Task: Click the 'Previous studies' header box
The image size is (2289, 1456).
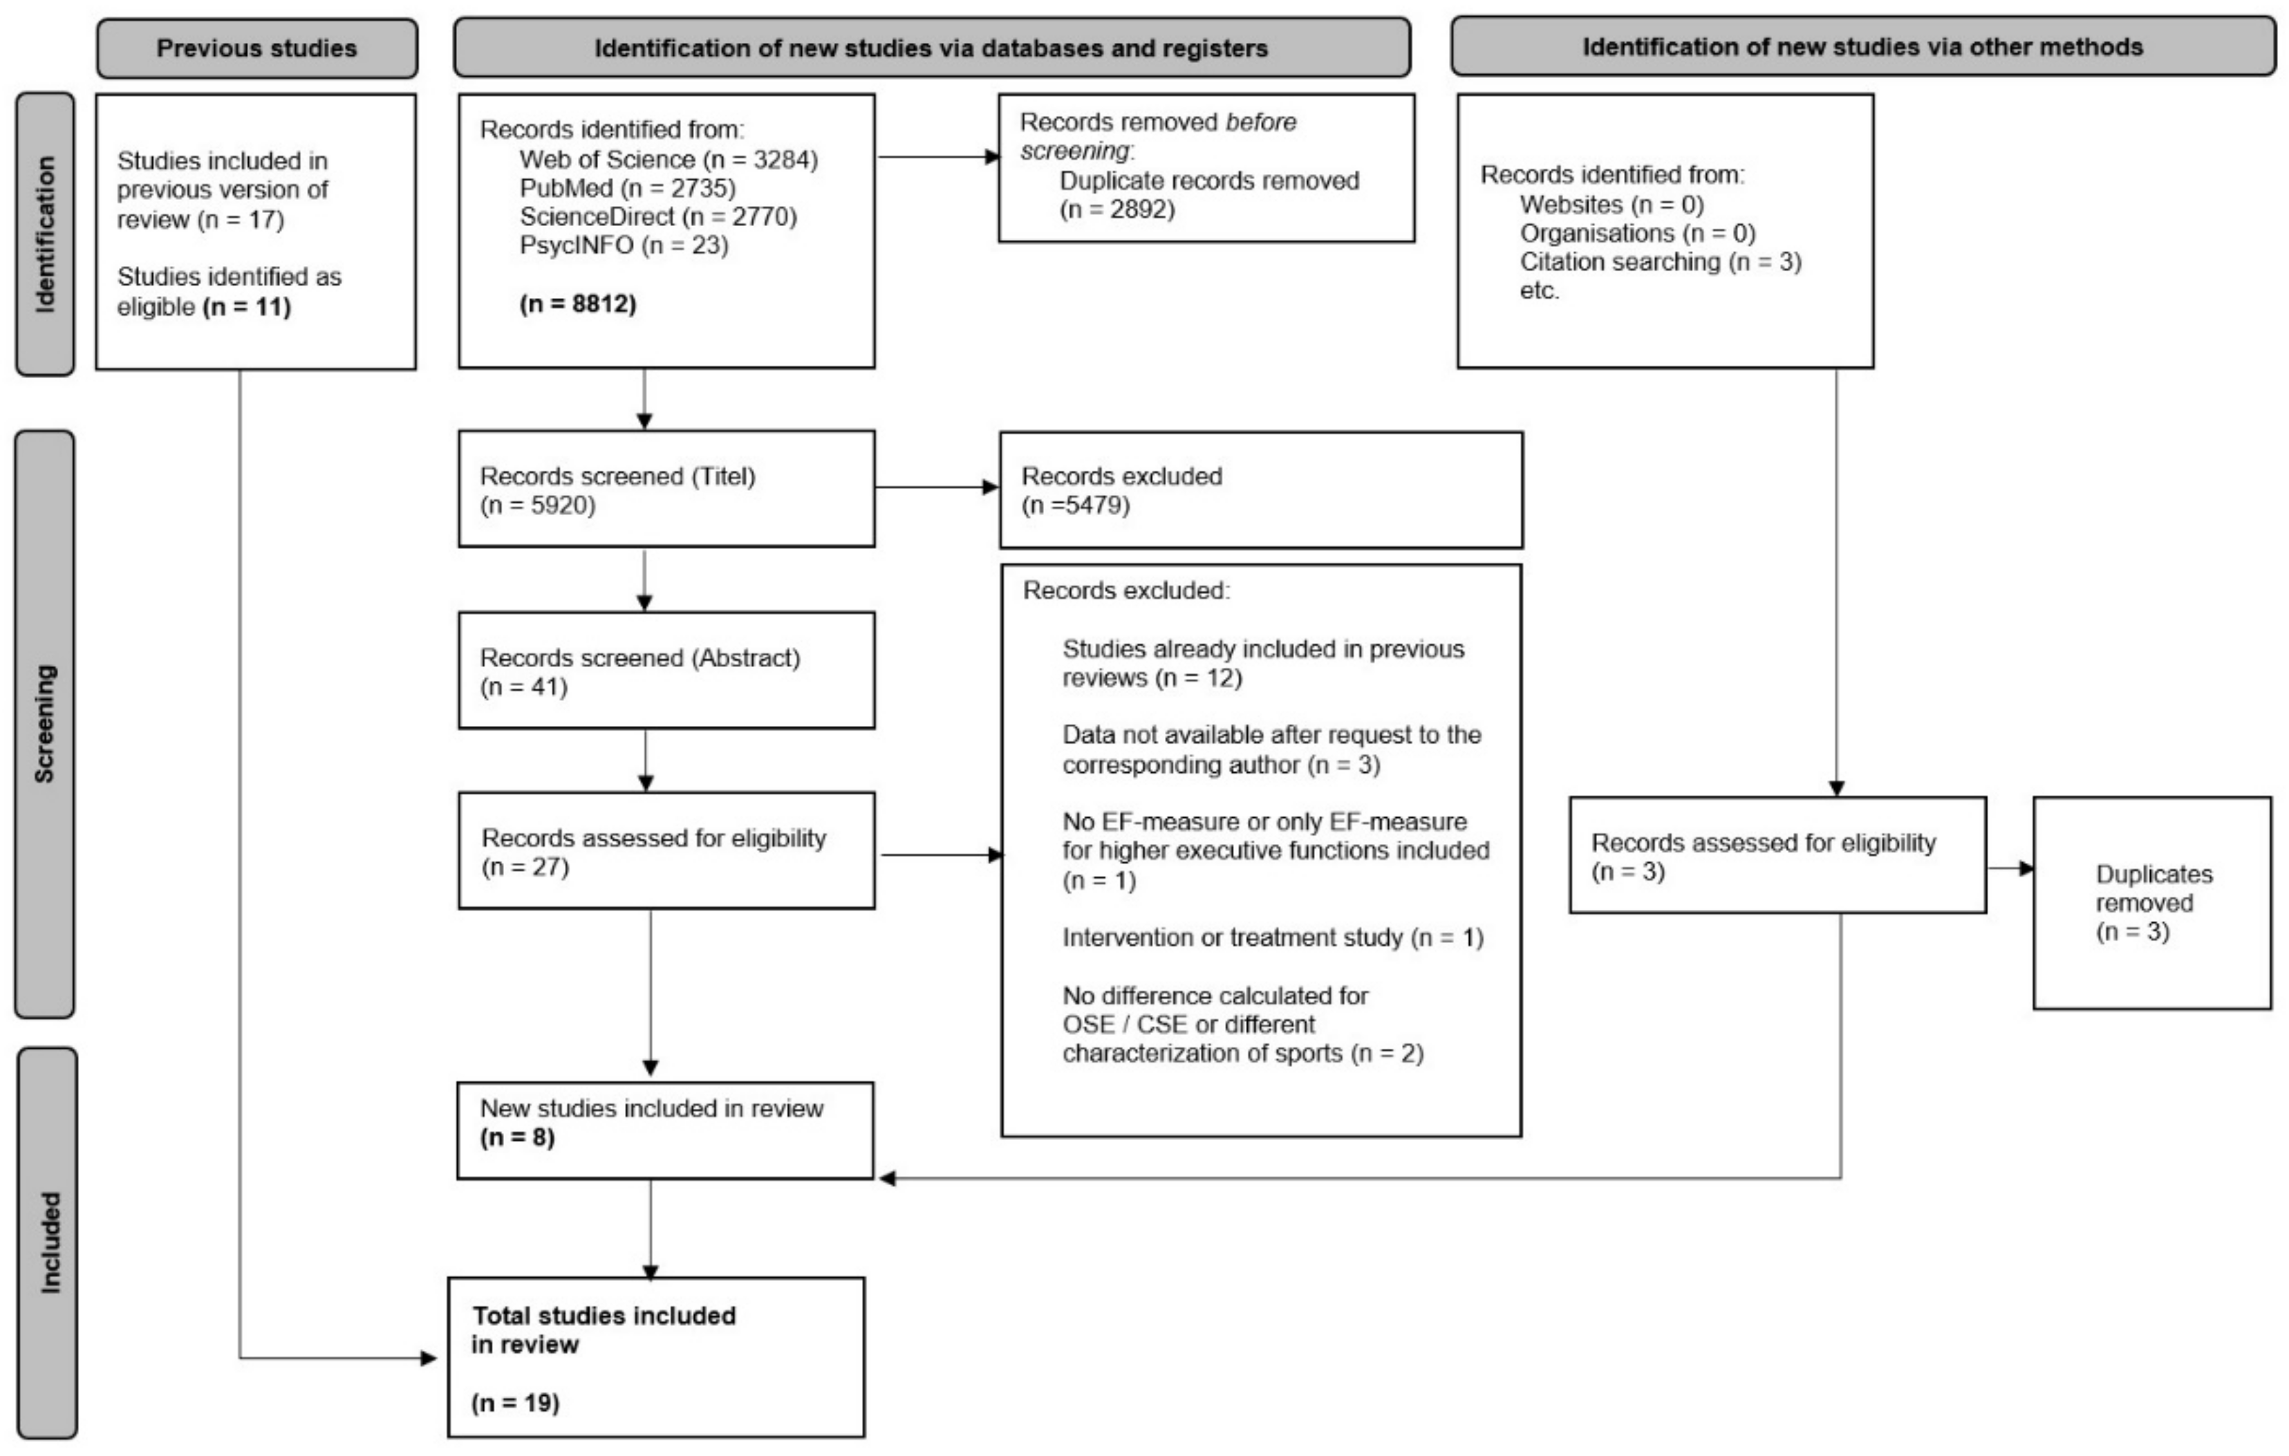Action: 256,48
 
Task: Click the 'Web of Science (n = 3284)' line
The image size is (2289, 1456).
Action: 669,159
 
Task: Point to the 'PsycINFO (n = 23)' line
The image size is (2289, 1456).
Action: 624,245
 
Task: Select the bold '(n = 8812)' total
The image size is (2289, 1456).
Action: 578,304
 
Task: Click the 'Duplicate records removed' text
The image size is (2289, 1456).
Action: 1209,180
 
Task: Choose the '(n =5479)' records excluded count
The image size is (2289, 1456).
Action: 1075,505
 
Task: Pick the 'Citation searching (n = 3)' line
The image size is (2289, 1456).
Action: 1660,261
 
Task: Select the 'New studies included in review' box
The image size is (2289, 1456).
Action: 664,1130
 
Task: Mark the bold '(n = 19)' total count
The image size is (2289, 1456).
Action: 515,1402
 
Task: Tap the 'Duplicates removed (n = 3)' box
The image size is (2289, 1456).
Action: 2151,902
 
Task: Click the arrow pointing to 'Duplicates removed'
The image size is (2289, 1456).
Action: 2010,868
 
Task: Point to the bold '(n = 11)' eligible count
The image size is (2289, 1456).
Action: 246,307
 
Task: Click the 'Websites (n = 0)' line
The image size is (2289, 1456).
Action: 1611,205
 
